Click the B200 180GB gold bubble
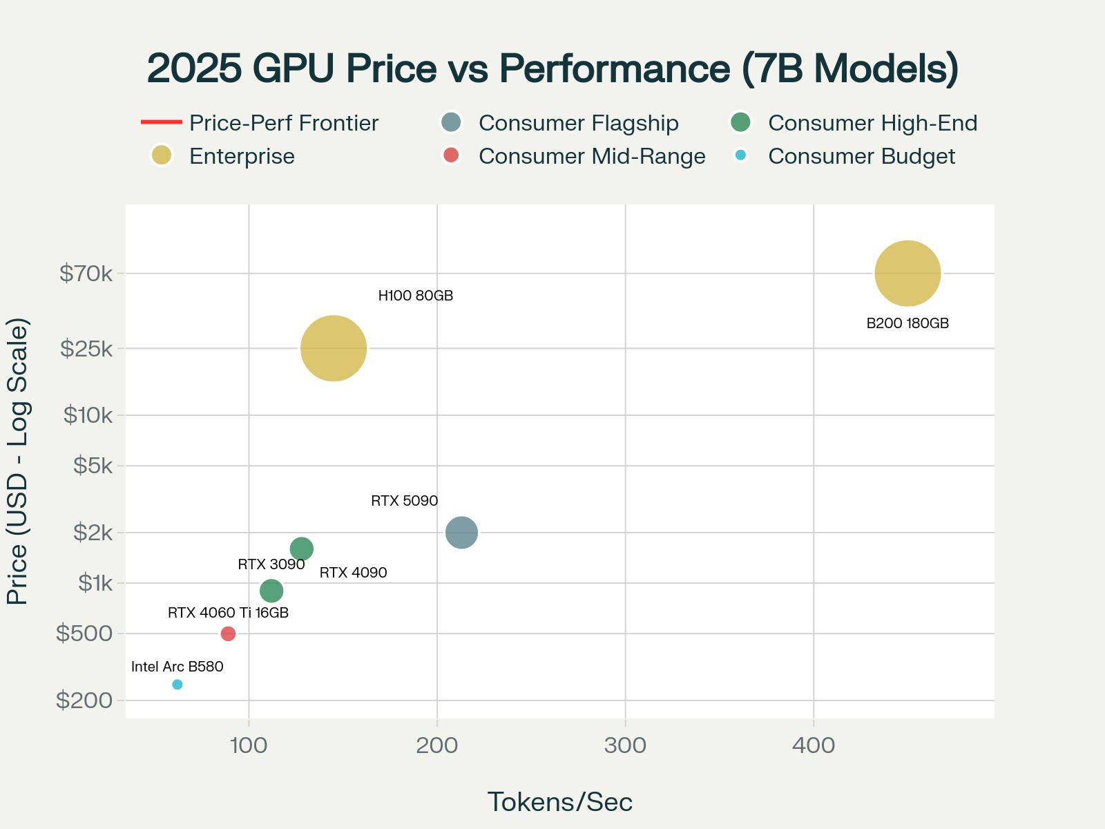(x=907, y=274)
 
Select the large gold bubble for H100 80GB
(x=334, y=348)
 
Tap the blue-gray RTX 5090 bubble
(x=461, y=533)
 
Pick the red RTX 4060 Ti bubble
(x=228, y=633)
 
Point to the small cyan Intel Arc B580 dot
(x=177, y=685)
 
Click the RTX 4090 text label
(x=353, y=573)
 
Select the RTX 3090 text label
(x=271, y=564)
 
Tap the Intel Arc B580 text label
(x=177, y=667)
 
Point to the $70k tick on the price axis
(x=86, y=274)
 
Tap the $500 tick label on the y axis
(x=84, y=633)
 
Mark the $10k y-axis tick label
(x=88, y=415)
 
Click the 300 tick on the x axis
(x=625, y=745)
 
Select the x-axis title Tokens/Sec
(x=559, y=802)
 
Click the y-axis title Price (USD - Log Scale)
(x=17, y=461)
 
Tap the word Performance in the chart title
(x=615, y=68)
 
